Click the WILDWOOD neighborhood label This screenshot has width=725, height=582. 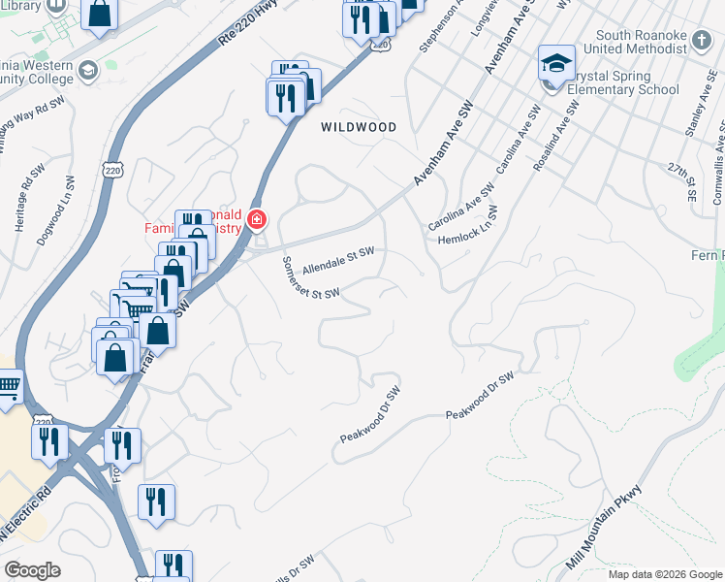point(360,127)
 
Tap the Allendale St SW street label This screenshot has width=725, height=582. point(337,259)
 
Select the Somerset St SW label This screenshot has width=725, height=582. point(310,278)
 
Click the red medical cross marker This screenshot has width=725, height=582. point(256,219)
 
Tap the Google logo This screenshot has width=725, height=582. point(32,570)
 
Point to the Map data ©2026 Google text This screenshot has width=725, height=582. point(664,574)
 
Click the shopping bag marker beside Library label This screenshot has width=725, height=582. point(99,14)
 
